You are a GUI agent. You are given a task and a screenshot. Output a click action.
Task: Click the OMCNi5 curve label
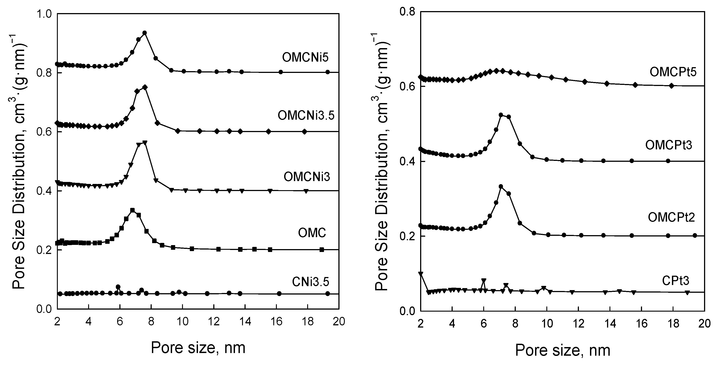305,58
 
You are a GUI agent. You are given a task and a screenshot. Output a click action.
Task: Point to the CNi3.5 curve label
310,282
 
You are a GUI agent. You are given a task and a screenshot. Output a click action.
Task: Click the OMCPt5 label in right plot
673,72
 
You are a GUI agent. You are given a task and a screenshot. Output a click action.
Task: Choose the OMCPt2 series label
671,217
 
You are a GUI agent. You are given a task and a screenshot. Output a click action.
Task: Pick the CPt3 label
675,281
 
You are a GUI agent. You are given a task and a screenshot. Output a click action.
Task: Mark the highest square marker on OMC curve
133,210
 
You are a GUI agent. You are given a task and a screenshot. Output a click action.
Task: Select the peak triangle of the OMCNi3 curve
145,143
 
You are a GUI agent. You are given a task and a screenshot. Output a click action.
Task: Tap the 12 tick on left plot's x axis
214,321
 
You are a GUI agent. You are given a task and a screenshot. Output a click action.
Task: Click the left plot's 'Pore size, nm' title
198,348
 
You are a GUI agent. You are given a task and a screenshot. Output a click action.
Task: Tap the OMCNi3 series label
307,177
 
